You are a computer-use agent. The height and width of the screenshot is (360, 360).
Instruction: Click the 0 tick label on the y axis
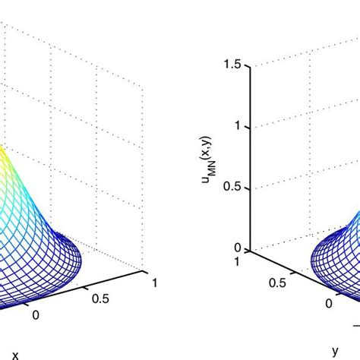pos(329,303)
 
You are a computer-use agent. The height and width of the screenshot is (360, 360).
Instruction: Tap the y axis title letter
pos(335,350)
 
